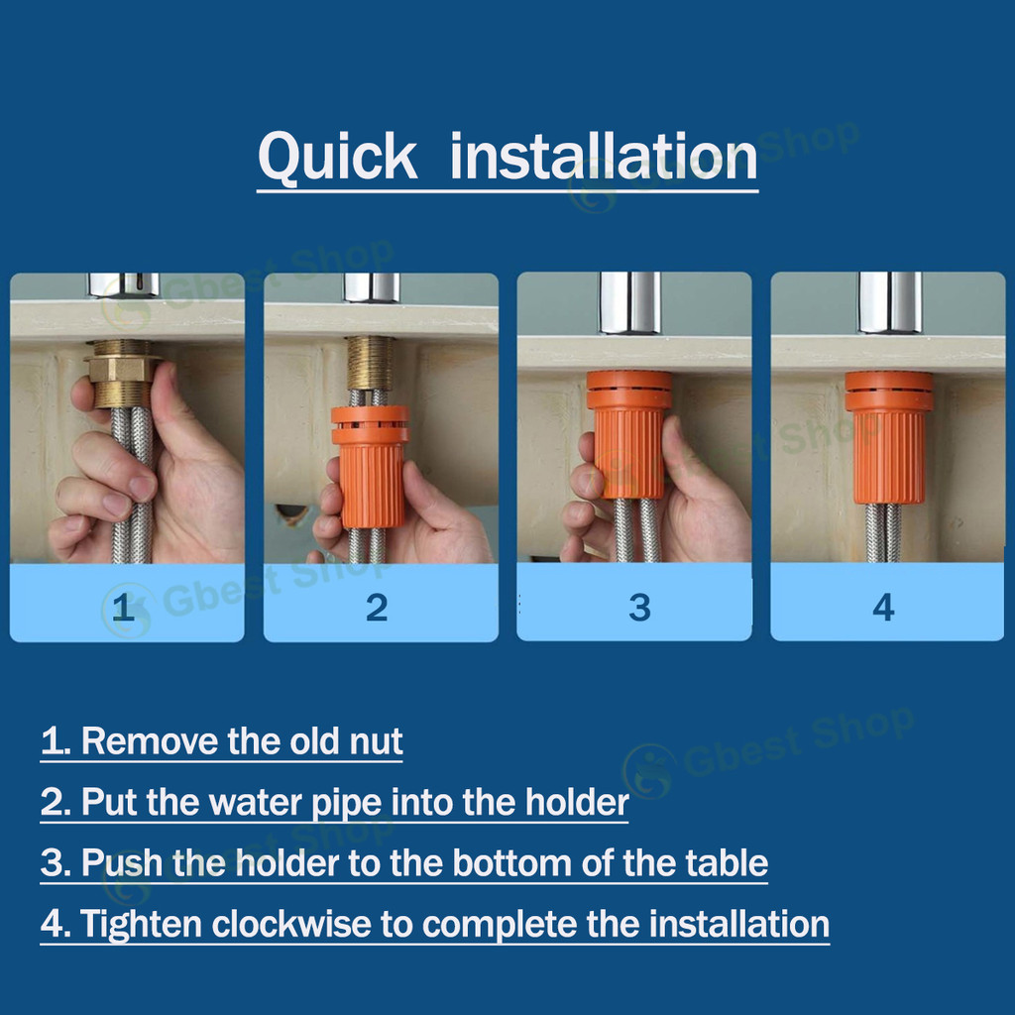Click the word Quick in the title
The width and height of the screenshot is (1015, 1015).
[x=337, y=159]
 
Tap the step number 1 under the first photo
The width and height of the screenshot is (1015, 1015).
[x=123, y=607]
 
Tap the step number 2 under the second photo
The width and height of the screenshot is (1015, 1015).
[x=377, y=607]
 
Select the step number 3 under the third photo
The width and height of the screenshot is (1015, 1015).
[x=639, y=607]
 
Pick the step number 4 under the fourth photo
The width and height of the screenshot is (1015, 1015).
[x=883, y=607]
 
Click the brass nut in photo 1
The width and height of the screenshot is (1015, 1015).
[x=122, y=369]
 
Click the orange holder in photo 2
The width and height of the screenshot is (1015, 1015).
[x=371, y=466]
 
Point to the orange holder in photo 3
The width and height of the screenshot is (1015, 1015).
[x=628, y=436]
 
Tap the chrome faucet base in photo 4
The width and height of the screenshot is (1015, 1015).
[x=889, y=301]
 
